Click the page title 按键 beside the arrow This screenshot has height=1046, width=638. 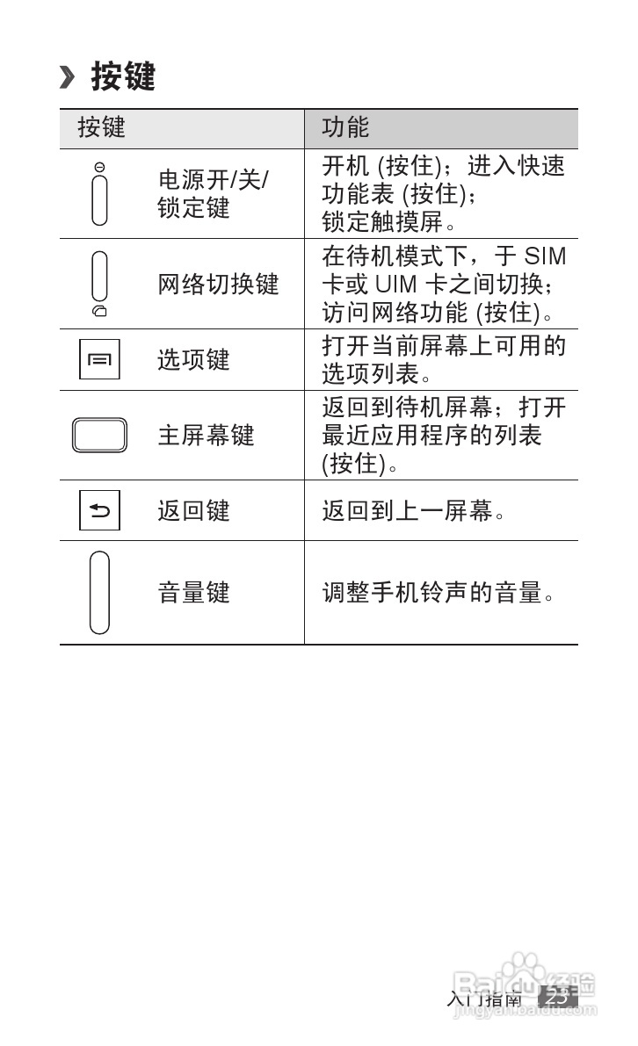click(x=123, y=77)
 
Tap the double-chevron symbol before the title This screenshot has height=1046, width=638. click(x=68, y=77)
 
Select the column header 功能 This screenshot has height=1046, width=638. click(x=345, y=127)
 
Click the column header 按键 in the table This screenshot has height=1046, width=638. click(x=102, y=127)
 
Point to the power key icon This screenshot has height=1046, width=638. click(x=99, y=195)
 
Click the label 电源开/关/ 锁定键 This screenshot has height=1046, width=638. click(x=213, y=194)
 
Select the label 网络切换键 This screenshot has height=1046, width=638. click(x=218, y=285)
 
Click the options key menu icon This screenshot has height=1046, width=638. click(x=99, y=360)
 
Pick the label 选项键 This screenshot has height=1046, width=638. click(x=193, y=360)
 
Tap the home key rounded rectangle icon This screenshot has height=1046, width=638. click(x=99, y=436)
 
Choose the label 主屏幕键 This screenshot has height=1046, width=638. click(x=206, y=436)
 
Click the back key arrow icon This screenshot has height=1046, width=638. click(x=99, y=510)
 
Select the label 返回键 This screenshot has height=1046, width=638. click(x=193, y=510)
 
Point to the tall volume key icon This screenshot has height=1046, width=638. click(x=99, y=592)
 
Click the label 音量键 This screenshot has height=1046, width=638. click(x=193, y=593)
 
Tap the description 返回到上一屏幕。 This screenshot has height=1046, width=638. click(x=414, y=510)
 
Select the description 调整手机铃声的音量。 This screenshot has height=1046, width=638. click(x=439, y=593)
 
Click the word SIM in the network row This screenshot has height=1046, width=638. click(x=545, y=256)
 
